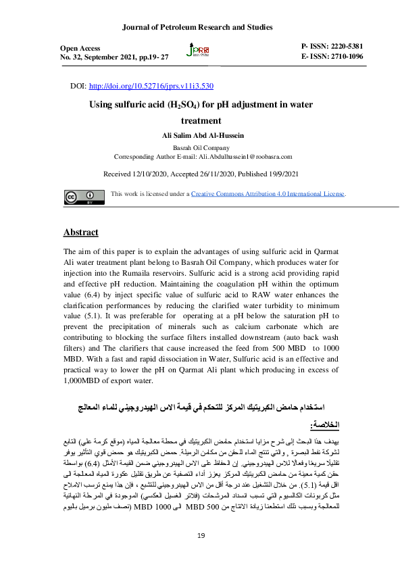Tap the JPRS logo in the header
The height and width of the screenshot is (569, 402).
coord(201,52)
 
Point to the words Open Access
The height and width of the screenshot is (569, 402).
coord(80,49)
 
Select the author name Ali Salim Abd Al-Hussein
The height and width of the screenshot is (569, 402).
coord(203,136)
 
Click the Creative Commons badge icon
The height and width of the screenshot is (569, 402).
coord(80,197)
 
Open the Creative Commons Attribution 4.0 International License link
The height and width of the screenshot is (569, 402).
coord(268,195)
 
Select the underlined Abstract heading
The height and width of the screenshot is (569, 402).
coord(80,232)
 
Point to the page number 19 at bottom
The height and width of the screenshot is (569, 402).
coord(201,536)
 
